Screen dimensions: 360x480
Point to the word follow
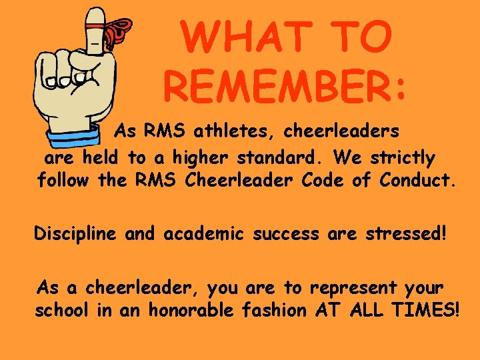coord(64,181)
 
